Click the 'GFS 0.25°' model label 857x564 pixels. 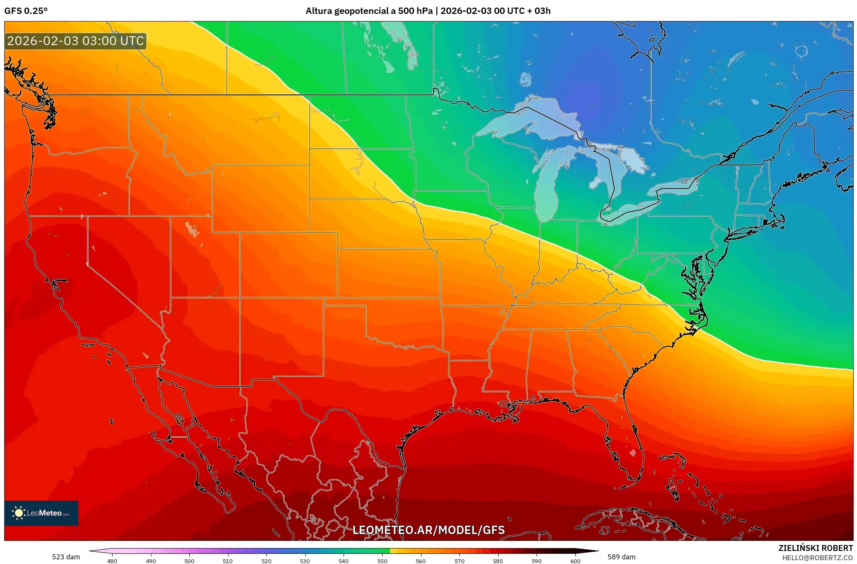[x=26, y=11]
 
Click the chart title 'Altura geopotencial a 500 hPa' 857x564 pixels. [x=369, y=11]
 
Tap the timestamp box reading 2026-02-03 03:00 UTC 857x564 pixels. [x=75, y=41]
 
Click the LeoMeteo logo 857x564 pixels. [x=41, y=513]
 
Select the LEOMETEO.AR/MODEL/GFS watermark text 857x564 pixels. [x=428, y=530]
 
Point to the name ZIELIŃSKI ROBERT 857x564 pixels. [x=815, y=548]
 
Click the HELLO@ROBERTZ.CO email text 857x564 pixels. [x=817, y=558]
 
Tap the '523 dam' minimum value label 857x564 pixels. [x=66, y=557]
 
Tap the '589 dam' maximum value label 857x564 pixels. [x=621, y=557]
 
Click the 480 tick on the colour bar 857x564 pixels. [x=112, y=561]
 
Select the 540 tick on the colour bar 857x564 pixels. [x=344, y=561]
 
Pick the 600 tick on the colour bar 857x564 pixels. [x=575, y=561]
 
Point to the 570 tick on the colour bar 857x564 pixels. [x=459, y=561]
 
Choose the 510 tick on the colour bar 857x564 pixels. [x=228, y=561]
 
